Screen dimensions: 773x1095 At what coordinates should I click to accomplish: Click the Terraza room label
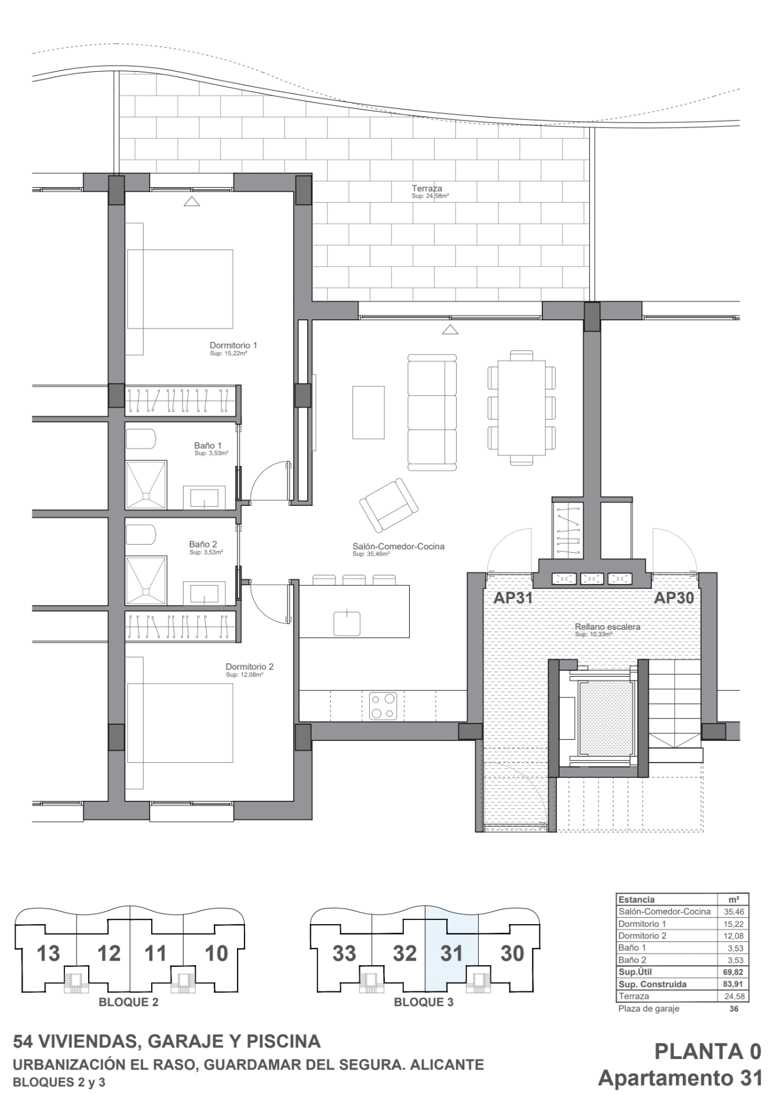[x=426, y=188]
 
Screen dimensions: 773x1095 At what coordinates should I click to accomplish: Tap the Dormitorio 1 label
[x=233, y=345]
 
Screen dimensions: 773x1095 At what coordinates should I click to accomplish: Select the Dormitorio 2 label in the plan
[x=249, y=666]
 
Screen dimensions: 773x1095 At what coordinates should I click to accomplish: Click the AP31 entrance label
[x=513, y=598]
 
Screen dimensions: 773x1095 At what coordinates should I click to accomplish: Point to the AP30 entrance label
[x=674, y=598]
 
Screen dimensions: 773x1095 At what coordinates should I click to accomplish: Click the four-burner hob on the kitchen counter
[x=383, y=706]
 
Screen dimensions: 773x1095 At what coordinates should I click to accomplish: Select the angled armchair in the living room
[x=388, y=505]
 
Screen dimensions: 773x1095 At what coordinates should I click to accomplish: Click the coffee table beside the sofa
[x=368, y=413]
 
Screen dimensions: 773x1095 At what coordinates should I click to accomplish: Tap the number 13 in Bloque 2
[x=48, y=953]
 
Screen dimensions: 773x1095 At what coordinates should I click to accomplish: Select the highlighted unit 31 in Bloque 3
[x=451, y=953]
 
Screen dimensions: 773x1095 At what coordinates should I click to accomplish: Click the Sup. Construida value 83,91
[x=733, y=984]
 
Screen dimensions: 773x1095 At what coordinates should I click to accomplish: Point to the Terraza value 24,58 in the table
[x=733, y=996]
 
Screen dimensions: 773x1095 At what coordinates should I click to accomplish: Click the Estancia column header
[x=636, y=900]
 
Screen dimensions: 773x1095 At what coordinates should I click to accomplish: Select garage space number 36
[x=734, y=1009]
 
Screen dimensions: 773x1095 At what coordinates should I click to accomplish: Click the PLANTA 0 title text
[x=708, y=1051]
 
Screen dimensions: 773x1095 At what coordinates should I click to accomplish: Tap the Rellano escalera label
[x=607, y=627]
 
